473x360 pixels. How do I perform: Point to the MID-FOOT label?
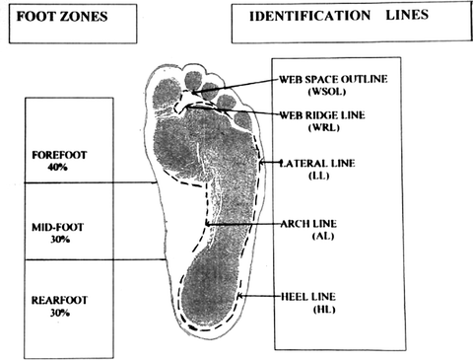(59, 227)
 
